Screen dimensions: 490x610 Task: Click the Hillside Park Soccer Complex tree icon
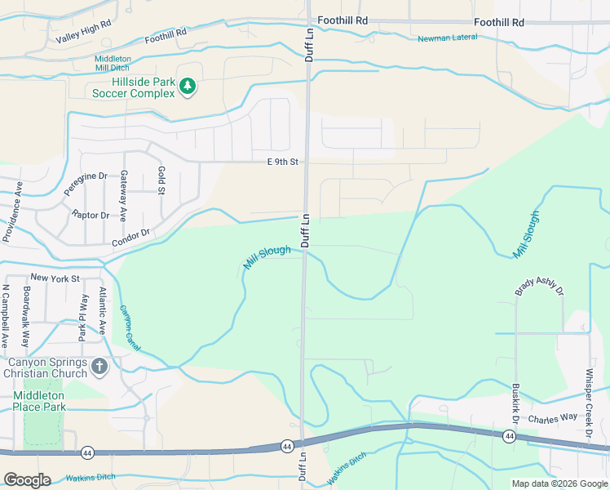(x=188, y=86)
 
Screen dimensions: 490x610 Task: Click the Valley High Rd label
(x=83, y=33)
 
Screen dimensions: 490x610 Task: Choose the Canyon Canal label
(x=130, y=328)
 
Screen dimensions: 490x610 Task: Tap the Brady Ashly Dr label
(x=540, y=287)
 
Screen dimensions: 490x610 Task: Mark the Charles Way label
(x=552, y=419)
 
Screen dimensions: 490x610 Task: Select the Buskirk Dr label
(x=516, y=403)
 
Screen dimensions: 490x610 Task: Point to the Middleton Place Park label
(x=39, y=401)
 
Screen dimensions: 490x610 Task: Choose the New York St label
(x=55, y=278)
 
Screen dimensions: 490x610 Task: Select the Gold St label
(x=161, y=180)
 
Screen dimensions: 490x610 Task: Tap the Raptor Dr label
(x=90, y=215)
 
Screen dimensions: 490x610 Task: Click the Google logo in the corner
(x=27, y=479)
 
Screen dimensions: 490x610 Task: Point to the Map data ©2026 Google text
(x=559, y=483)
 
